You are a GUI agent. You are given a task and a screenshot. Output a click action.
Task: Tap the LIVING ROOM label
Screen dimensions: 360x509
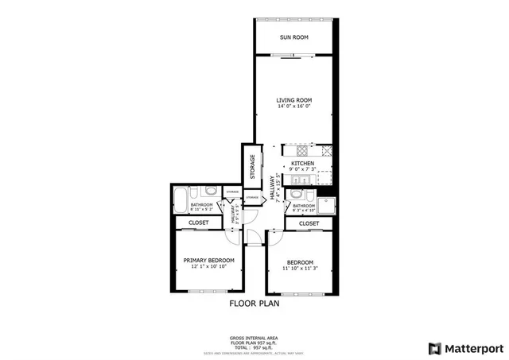293,100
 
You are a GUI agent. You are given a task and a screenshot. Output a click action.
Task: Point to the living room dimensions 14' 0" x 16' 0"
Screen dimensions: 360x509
293,107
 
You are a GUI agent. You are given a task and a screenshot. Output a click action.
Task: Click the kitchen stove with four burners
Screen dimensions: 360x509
302,150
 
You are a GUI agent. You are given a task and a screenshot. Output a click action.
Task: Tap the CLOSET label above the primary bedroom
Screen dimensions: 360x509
198,223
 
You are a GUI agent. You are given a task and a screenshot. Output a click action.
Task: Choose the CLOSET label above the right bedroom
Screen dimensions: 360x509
309,224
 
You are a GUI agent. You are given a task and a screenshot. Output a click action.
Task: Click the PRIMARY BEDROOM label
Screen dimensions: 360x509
209,261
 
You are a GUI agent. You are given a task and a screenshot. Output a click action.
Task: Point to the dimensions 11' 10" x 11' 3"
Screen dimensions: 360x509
300,269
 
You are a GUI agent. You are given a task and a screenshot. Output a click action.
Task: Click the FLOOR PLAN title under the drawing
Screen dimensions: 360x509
254,303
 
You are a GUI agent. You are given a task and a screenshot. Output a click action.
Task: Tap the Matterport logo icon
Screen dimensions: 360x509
433,347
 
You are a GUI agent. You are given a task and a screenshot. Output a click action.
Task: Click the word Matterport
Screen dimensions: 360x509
473,347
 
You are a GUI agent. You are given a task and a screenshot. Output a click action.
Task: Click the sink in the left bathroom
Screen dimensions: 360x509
210,192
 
